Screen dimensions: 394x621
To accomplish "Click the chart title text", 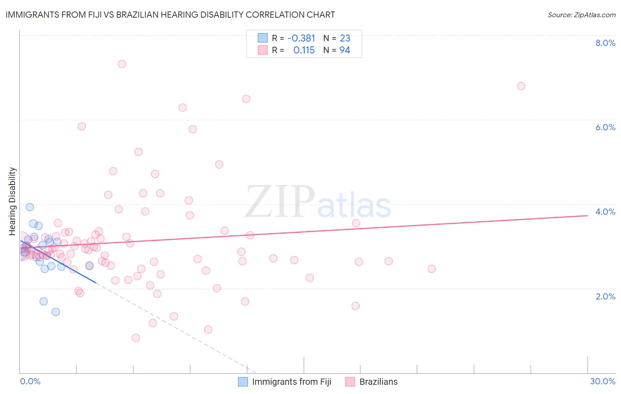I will pos(170,15).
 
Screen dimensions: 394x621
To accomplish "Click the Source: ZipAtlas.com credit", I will pos(581,15).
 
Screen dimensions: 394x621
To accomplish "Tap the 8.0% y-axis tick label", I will pos(605,43).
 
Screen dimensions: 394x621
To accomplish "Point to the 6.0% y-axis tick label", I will pos(605,127).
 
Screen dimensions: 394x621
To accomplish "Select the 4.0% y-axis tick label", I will pos(605,212).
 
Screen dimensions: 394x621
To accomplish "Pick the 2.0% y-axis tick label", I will pos(605,296).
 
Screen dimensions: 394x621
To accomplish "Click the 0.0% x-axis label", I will pos(30,381).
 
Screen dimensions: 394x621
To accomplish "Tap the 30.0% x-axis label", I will pos(602,381).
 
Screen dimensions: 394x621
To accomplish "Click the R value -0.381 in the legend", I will pos(301,38).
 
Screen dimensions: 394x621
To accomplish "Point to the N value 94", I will pos(345,50).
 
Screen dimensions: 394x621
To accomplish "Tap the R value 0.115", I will pos(304,50).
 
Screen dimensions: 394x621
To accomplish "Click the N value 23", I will pos(345,38).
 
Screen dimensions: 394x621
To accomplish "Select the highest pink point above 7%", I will pos(122,64).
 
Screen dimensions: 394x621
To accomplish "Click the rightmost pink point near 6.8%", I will pos(521,86).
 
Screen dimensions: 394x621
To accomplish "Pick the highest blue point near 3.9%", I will pos(30,207).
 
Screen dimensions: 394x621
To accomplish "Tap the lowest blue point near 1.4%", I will pos(56,312).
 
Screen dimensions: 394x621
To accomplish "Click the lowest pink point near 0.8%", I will pos(136,338).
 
